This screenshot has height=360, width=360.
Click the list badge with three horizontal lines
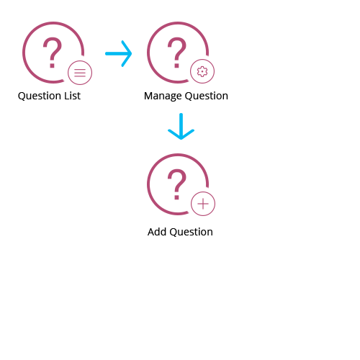(x=80, y=73)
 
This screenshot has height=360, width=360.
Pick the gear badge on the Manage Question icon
(x=202, y=71)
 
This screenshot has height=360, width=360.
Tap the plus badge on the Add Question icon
(x=203, y=204)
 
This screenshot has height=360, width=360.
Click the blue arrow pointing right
(x=119, y=53)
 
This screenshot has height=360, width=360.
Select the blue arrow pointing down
(x=181, y=126)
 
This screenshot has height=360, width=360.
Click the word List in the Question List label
(x=72, y=96)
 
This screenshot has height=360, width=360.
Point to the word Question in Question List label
(x=40, y=96)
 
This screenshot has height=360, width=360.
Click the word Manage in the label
(x=163, y=96)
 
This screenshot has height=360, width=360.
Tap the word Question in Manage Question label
(x=207, y=96)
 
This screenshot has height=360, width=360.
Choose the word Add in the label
(x=157, y=232)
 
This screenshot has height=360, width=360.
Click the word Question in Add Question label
(x=191, y=233)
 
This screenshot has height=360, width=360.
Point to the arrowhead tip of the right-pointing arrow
(x=132, y=53)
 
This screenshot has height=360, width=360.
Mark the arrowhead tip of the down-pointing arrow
(x=181, y=139)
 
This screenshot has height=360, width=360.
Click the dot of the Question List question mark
(x=52, y=66)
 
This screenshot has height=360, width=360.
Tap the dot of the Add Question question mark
(x=177, y=197)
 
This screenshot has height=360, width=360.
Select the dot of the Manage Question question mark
(x=177, y=66)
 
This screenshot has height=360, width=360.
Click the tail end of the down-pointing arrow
(x=181, y=114)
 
